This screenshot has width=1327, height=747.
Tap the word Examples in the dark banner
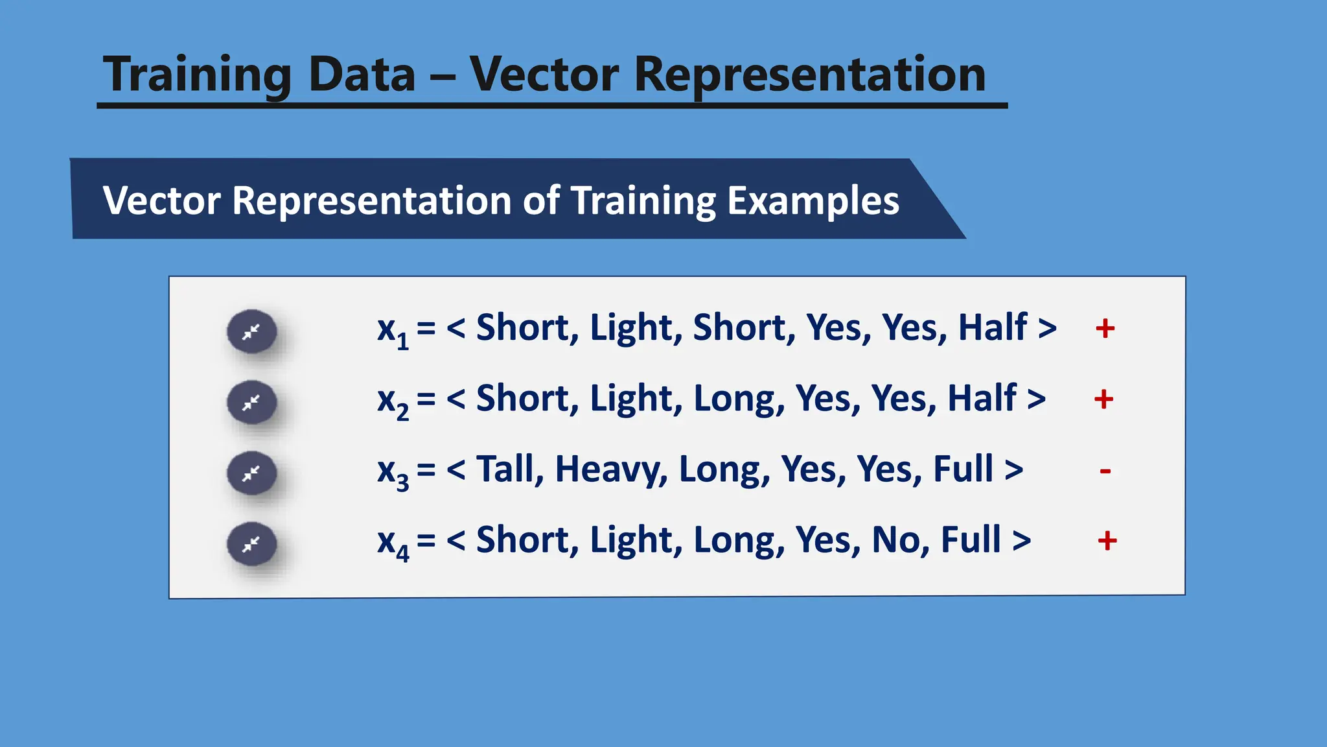tap(813, 201)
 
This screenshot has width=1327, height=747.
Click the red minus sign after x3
tap(1105, 471)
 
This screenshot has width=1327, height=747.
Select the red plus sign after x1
tap(1105, 329)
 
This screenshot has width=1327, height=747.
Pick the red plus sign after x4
tap(1107, 540)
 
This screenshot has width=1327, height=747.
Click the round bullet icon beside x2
tap(252, 403)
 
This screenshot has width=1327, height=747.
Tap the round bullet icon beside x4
tap(252, 544)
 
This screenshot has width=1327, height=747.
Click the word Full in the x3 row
tap(963, 469)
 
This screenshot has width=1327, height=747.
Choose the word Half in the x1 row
tap(992, 328)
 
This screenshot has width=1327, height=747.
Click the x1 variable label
tap(393, 331)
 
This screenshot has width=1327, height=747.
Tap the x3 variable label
tap(393, 473)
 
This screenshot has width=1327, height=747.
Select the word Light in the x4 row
tap(635, 540)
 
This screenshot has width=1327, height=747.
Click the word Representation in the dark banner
tap(371, 201)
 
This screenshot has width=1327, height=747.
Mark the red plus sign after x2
tap(1103, 399)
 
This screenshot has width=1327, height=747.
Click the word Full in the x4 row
tap(971, 540)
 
